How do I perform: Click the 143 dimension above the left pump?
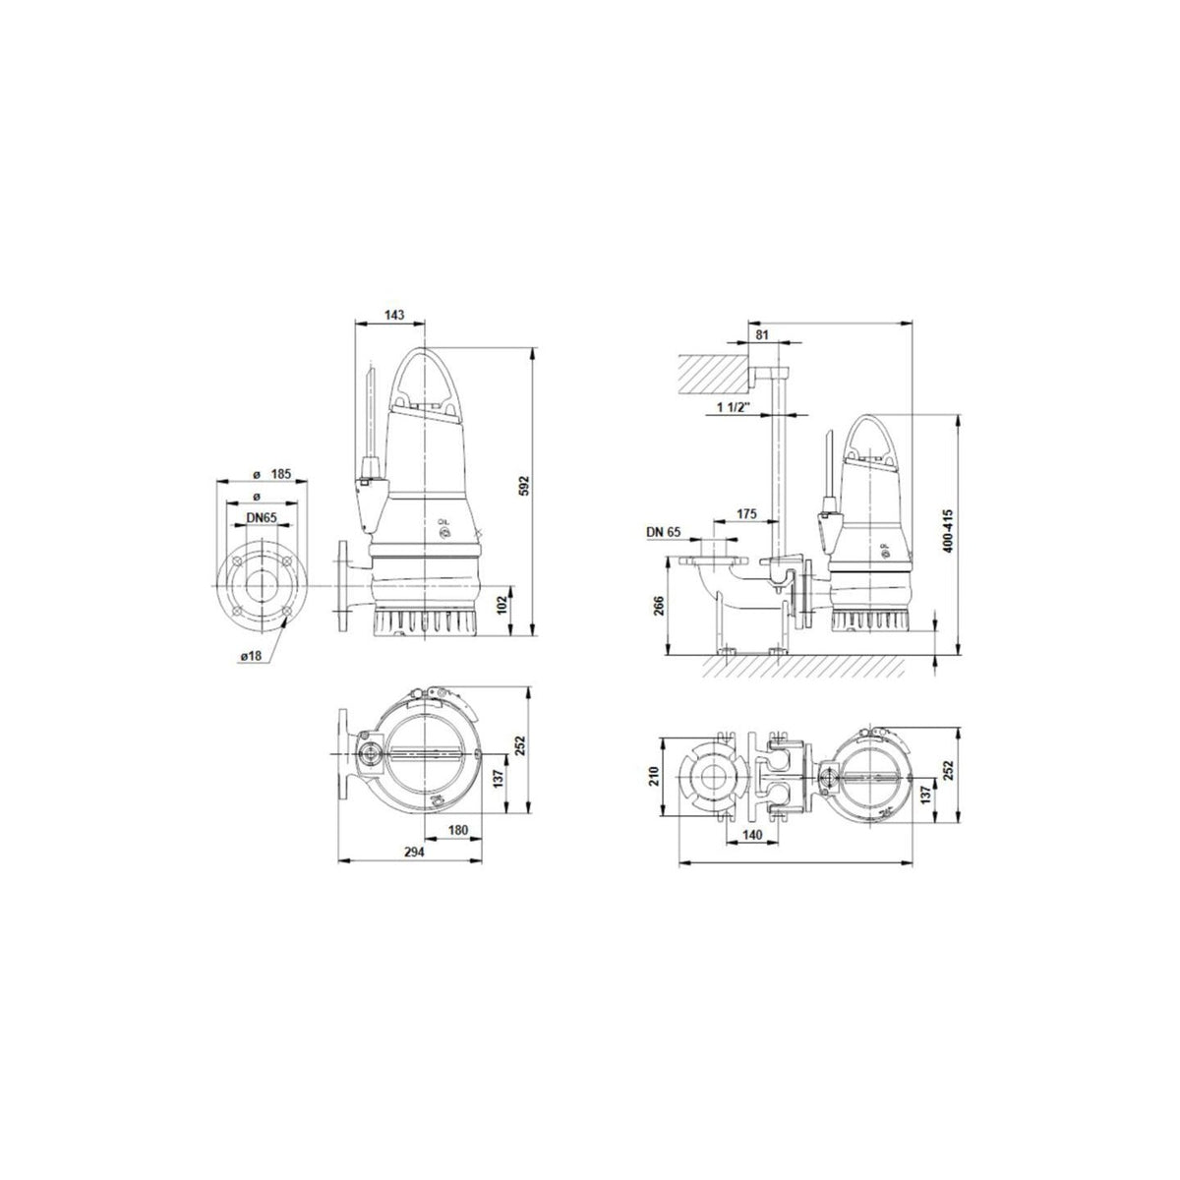(x=393, y=316)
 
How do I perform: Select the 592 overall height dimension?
(x=524, y=486)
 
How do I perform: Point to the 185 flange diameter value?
(x=281, y=474)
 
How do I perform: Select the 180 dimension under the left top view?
(x=457, y=830)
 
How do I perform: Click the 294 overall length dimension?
(x=413, y=854)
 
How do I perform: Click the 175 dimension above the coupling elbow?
(x=746, y=514)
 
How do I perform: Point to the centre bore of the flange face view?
(x=261, y=585)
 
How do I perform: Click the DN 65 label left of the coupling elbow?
(x=664, y=532)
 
